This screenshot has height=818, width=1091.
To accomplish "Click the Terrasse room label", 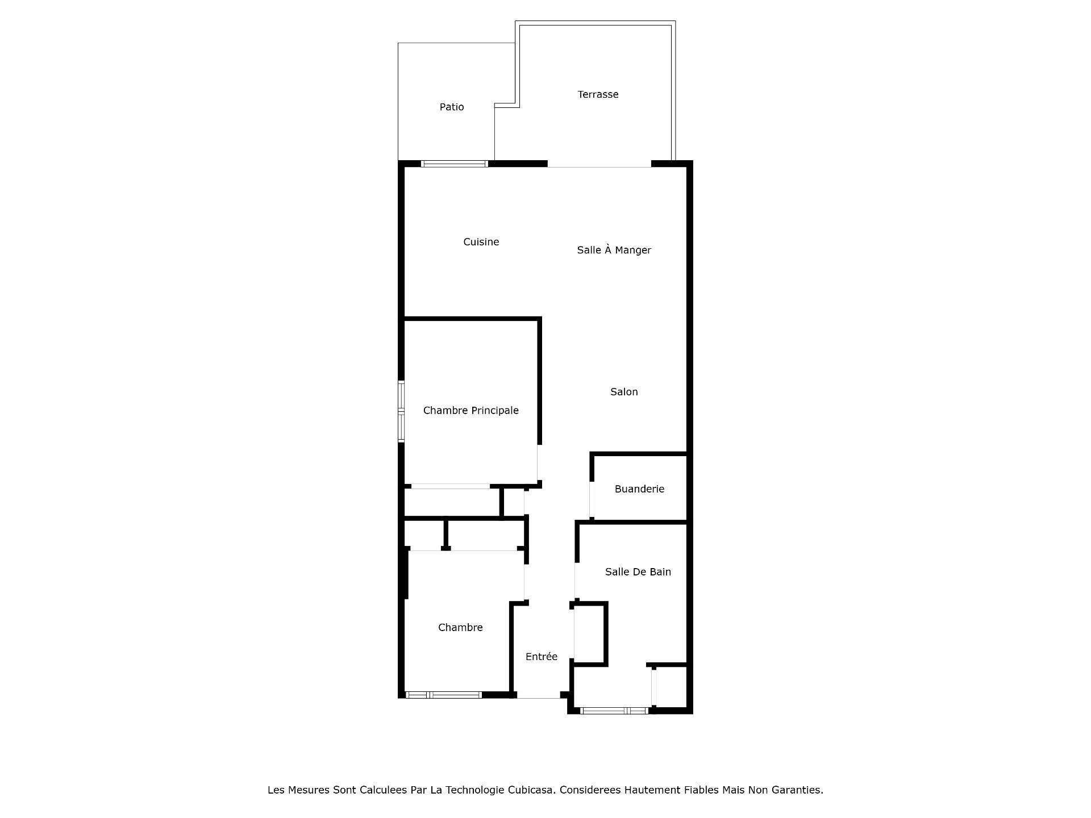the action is [x=598, y=94].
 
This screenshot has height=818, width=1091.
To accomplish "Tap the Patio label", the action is [x=452, y=107].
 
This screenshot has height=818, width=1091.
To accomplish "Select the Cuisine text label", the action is [x=481, y=242].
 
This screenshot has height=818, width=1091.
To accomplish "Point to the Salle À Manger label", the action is [x=614, y=250].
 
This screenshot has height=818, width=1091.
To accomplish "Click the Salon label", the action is [x=624, y=392].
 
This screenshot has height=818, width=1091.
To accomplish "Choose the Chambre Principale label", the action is [x=470, y=411].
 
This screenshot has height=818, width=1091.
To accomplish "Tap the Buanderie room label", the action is [x=639, y=489].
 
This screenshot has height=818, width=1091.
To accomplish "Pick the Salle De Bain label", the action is [x=638, y=572].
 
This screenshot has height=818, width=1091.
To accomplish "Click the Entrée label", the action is [x=541, y=657].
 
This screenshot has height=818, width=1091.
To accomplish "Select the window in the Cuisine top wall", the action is [x=454, y=164].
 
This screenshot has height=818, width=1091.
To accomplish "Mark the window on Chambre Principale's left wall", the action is [x=401, y=411].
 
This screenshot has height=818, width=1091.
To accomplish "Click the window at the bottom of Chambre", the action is [x=444, y=695].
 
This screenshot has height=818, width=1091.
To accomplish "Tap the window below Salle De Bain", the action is [x=614, y=711].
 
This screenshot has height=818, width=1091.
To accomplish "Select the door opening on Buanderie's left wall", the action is [x=592, y=500].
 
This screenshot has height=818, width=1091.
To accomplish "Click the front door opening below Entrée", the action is [x=538, y=695].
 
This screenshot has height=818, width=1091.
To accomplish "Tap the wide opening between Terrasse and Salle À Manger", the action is [x=599, y=164].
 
